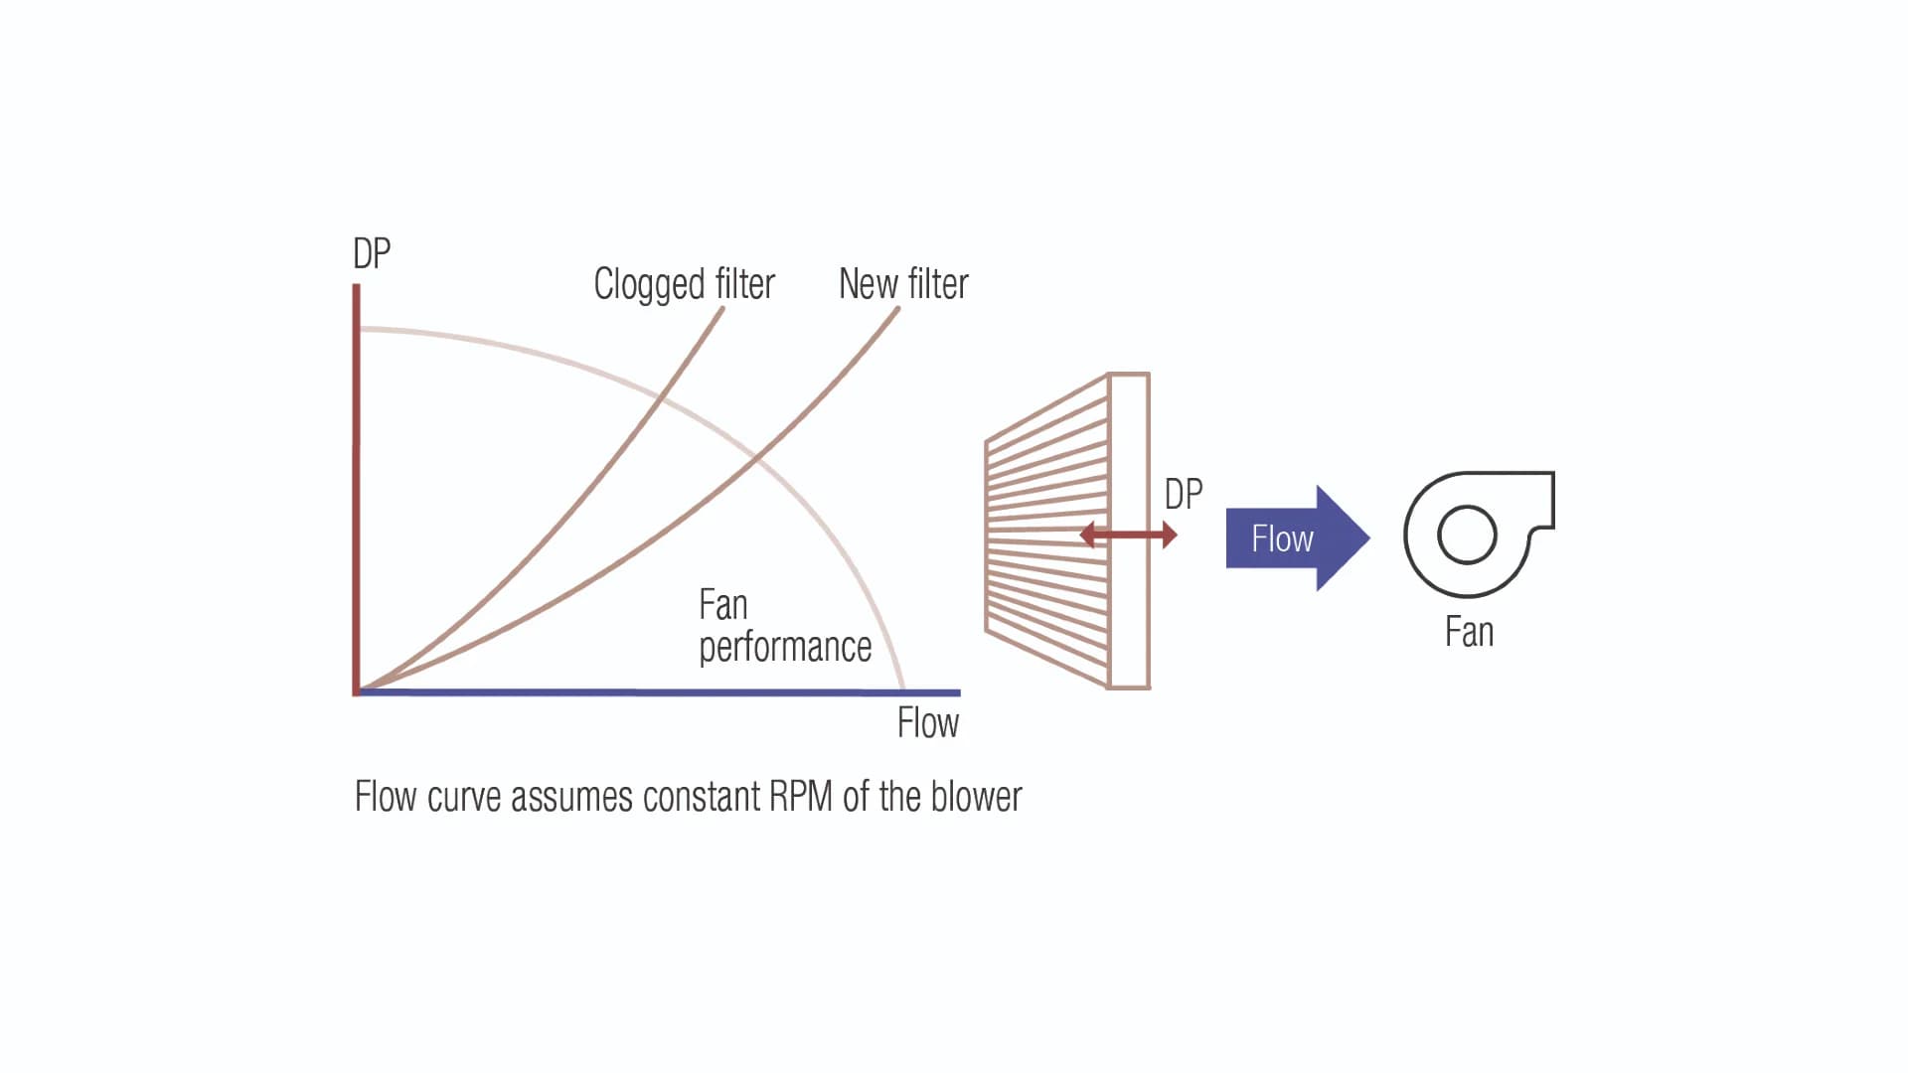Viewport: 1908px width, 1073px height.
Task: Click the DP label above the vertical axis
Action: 372,254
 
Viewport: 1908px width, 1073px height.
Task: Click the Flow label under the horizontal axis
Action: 927,723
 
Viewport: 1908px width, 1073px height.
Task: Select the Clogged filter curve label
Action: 684,284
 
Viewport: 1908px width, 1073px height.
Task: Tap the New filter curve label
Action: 902,284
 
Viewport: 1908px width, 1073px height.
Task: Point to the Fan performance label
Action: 784,626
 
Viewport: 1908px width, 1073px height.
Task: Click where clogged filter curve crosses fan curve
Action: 661,398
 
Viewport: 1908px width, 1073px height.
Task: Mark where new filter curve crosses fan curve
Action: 757,458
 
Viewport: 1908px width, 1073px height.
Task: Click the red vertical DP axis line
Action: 356,487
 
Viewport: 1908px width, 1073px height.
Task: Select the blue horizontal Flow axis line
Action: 656,691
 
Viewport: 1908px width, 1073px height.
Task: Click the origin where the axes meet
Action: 357,690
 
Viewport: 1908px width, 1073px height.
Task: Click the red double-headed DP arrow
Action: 1128,536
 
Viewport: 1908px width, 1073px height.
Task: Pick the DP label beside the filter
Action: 1183,494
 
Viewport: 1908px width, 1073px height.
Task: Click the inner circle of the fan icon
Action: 1467,535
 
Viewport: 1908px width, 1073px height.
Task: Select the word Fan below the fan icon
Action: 1469,633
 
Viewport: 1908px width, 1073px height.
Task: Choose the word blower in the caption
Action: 977,797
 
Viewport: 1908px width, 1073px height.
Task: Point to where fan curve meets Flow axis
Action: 903,690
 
